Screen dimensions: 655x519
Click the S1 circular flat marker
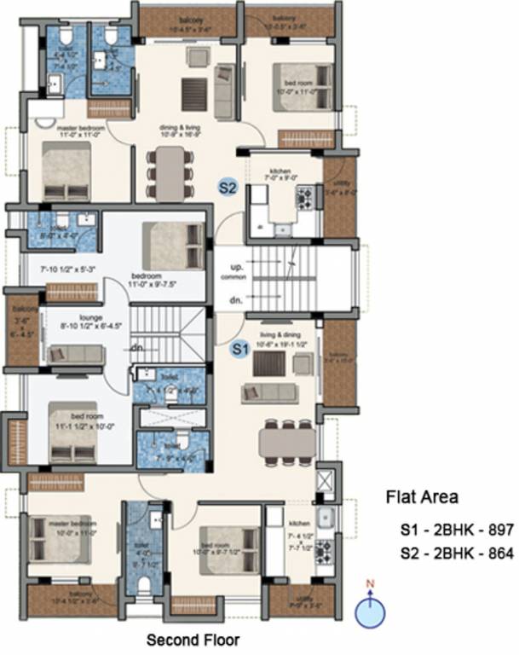[x=240, y=348]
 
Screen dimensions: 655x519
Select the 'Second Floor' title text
[x=193, y=639]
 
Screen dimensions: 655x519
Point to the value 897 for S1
[x=501, y=530]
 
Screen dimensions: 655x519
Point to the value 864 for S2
[x=501, y=554]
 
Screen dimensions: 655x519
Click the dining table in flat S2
[x=170, y=173]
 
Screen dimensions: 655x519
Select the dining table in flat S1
[x=287, y=441]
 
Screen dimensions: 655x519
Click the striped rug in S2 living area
[x=195, y=89]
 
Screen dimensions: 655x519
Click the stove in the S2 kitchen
[x=304, y=197]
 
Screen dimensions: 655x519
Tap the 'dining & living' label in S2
[x=180, y=129]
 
